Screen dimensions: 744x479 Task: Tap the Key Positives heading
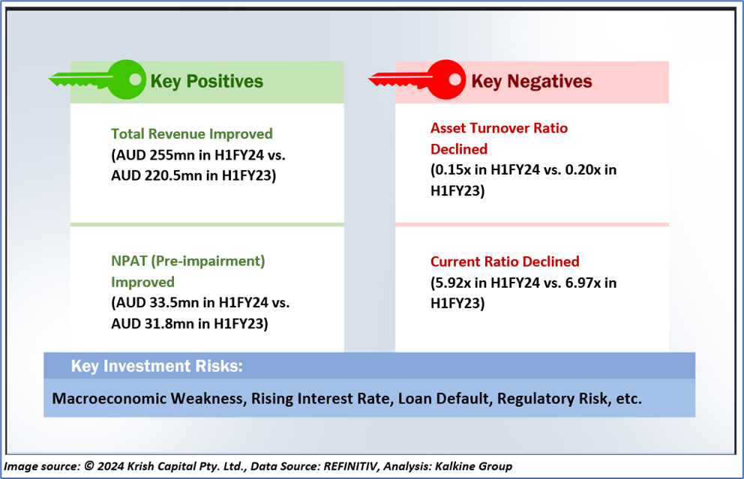(x=206, y=82)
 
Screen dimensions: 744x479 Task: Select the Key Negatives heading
(x=532, y=82)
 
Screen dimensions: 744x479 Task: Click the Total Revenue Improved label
(x=192, y=133)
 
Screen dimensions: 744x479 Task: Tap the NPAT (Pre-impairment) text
(x=188, y=262)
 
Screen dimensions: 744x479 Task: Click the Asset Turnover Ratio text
(x=499, y=128)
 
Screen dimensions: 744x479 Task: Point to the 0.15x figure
(x=454, y=169)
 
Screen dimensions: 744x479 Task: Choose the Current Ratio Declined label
(x=505, y=262)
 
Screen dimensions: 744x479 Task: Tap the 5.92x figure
(x=454, y=283)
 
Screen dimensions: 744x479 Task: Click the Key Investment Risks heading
(x=157, y=366)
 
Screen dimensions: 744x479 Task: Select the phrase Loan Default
(x=443, y=398)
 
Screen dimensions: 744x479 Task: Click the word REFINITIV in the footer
(x=351, y=466)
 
